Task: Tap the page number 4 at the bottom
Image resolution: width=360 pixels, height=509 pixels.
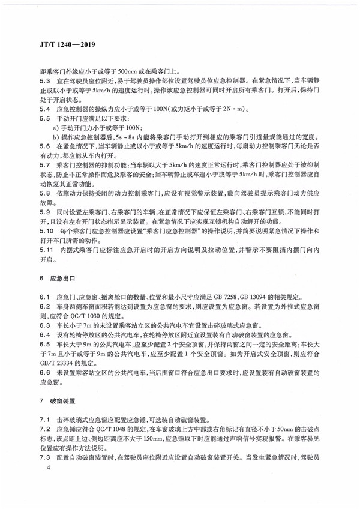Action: [x=40, y=483]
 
